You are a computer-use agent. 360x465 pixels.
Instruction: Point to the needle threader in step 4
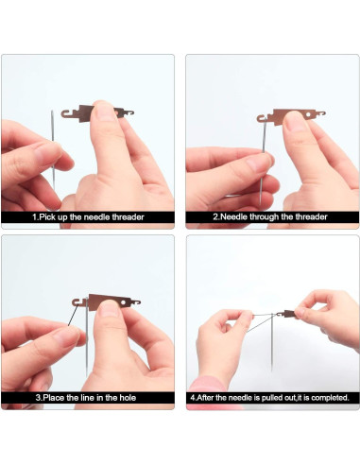coord(287,314)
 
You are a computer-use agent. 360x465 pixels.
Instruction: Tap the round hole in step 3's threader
coord(123,302)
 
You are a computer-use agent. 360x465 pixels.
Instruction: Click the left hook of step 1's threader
coord(66,113)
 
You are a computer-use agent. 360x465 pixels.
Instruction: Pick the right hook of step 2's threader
coord(320,113)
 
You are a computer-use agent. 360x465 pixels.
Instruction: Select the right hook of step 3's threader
coord(135,302)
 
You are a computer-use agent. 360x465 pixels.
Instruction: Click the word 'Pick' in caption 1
coord(48,217)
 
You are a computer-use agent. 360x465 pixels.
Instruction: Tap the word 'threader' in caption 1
coord(128,217)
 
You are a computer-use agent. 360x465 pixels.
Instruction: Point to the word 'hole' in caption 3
coord(128,398)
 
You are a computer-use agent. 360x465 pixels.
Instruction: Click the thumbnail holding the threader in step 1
coord(105,112)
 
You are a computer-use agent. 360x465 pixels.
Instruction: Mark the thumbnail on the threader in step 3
coord(109,309)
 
